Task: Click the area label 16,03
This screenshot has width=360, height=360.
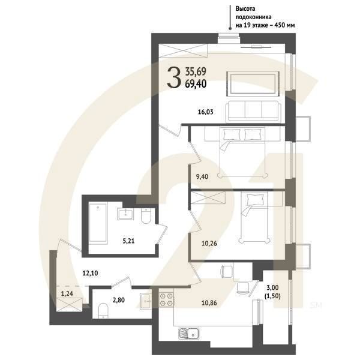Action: (205, 112)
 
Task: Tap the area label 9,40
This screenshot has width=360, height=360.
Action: (202, 176)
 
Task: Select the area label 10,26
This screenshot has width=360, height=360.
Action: (209, 243)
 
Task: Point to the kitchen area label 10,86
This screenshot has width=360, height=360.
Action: (209, 303)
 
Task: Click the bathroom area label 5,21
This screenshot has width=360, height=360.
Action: (128, 241)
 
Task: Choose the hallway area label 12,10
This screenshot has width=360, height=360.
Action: (90, 273)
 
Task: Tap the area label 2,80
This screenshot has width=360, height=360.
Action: (119, 299)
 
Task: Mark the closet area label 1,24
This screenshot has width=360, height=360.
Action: (67, 293)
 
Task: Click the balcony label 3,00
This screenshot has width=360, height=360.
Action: (272, 287)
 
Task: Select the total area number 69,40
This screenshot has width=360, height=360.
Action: (196, 84)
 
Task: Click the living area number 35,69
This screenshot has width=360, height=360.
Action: (196, 71)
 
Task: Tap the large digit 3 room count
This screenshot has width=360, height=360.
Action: (173, 77)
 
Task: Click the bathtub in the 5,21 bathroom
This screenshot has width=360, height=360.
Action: (98, 222)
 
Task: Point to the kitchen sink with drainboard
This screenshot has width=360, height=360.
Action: (188, 334)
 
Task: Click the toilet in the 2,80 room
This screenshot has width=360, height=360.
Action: (103, 310)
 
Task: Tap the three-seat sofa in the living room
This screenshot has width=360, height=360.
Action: (253, 112)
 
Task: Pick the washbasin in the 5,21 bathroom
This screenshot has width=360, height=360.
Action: (125, 214)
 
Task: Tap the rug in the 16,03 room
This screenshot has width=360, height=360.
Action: (253, 83)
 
